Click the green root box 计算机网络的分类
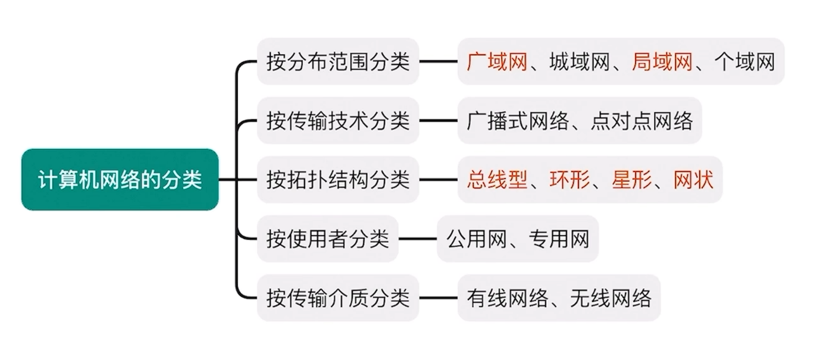tap(120, 180)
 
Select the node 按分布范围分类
tap(338, 62)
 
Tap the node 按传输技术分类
tap(338, 121)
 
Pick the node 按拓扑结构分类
tap(338, 180)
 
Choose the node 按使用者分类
tap(327, 239)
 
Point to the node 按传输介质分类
tap(338, 298)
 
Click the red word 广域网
tap(497, 62)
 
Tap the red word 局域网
tap(662, 62)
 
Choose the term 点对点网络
tap(642, 121)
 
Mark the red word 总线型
tap(497, 180)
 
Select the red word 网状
tap(693, 180)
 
